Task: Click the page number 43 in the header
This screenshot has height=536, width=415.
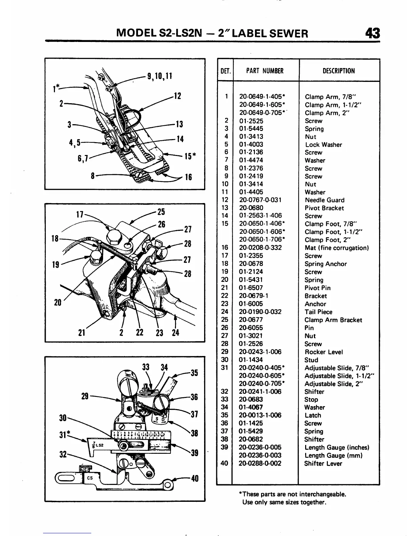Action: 372,33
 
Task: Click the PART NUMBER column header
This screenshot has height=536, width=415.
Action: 264,71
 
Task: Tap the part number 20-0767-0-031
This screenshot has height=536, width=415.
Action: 260,200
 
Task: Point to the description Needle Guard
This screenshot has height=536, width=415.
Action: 324,200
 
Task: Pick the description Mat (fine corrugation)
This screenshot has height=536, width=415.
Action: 336,248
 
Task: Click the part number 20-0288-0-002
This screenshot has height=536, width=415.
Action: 260,463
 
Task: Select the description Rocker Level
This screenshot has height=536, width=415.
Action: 323,352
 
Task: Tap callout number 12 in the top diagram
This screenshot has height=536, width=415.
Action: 177,96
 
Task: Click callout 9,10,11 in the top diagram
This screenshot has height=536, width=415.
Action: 159,76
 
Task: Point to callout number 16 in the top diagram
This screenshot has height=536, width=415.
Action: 188,177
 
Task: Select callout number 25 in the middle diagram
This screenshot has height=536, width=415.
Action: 161,212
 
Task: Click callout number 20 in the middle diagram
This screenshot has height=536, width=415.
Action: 58,303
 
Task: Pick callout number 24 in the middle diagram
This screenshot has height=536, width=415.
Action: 175,333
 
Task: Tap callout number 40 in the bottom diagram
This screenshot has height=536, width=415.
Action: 194,478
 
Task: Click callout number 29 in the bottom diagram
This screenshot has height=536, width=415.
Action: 85,396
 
